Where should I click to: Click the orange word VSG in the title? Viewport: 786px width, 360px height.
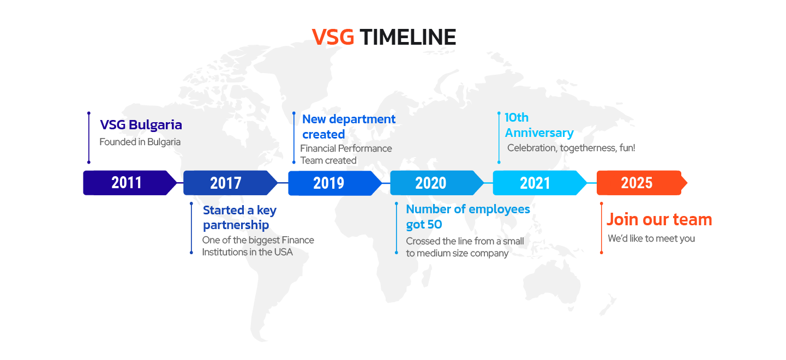[x=333, y=37]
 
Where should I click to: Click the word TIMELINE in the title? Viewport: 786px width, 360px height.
[x=408, y=37]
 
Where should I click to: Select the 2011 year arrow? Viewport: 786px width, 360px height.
[x=130, y=183]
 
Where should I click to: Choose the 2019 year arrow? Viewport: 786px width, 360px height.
[x=335, y=183]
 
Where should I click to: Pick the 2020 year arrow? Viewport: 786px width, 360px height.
[x=437, y=183]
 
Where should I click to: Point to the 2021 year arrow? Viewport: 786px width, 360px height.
[x=539, y=183]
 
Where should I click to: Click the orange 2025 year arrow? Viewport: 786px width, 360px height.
[x=642, y=183]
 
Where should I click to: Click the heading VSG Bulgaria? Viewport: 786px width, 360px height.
[x=141, y=125]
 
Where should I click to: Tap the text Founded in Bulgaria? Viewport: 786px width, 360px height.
[x=140, y=142]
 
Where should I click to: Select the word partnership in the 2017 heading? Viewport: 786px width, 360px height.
[x=236, y=225]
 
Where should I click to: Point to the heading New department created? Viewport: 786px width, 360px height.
[x=349, y=127]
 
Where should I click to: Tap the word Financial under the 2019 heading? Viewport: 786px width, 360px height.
[x=317, y=148]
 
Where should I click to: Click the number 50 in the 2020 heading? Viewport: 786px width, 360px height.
[x=434, y=225]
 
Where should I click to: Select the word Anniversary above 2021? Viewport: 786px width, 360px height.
[x=539, y=133]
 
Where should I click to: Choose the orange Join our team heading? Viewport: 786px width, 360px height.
[x=659, y=220]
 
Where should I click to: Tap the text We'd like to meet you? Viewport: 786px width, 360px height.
[x=651, y=238]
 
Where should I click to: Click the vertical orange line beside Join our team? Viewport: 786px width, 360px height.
[x=602, y=228]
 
